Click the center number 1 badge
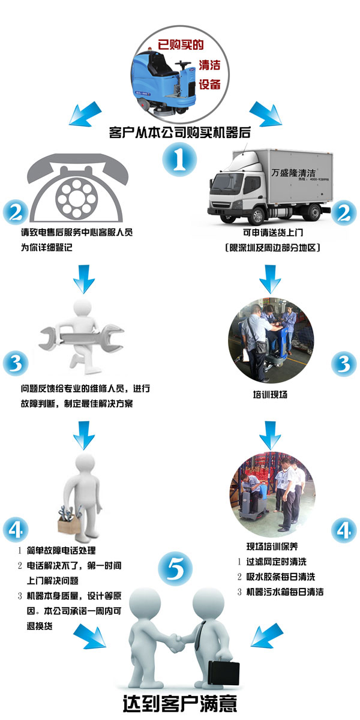(179, 160)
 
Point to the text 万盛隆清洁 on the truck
(293, 173)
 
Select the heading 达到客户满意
(180, 704)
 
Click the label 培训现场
(270, 394)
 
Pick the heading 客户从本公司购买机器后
(179, 133)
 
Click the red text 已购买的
(181, 44)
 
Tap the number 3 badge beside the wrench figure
(16, 364)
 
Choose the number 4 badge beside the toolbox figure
(16, 529)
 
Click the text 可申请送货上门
(273, 232)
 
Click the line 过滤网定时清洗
(277, 562)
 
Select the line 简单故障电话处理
(61, 550)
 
